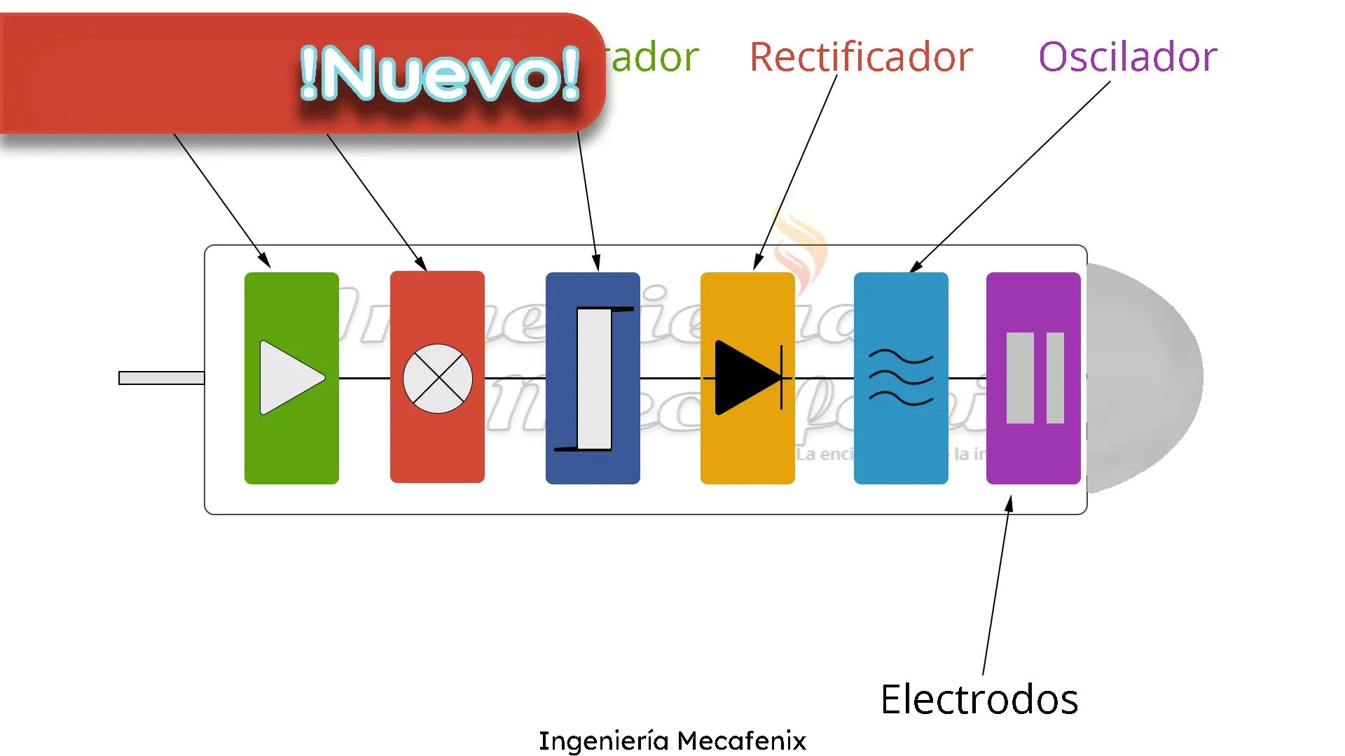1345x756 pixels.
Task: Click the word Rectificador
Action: click(x=861, y=57)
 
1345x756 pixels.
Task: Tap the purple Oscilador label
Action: click(x=1127, y=57)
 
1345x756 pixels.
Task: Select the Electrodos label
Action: click(x=979, y=699)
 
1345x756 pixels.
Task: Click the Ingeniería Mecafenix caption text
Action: click(x=672, y=740)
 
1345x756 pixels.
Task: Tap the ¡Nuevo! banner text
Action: click(x=440, y=73)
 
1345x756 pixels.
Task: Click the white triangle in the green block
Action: click(x=289, y=378)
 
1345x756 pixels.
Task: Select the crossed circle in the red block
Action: click(x=438, y=378)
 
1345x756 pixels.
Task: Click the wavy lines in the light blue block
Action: click(x=901, y=378)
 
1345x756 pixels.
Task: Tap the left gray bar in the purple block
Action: click(x=1019, y=378)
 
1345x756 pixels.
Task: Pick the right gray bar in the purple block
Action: click(x=1055, y=378)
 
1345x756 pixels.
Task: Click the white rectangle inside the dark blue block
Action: click(x=594, y=378)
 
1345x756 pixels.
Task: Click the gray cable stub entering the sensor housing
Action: click(x=162, y=378)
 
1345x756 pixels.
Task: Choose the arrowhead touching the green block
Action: click(x=265, y=260)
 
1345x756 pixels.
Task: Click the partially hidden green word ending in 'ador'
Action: click(x=654, y=57)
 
